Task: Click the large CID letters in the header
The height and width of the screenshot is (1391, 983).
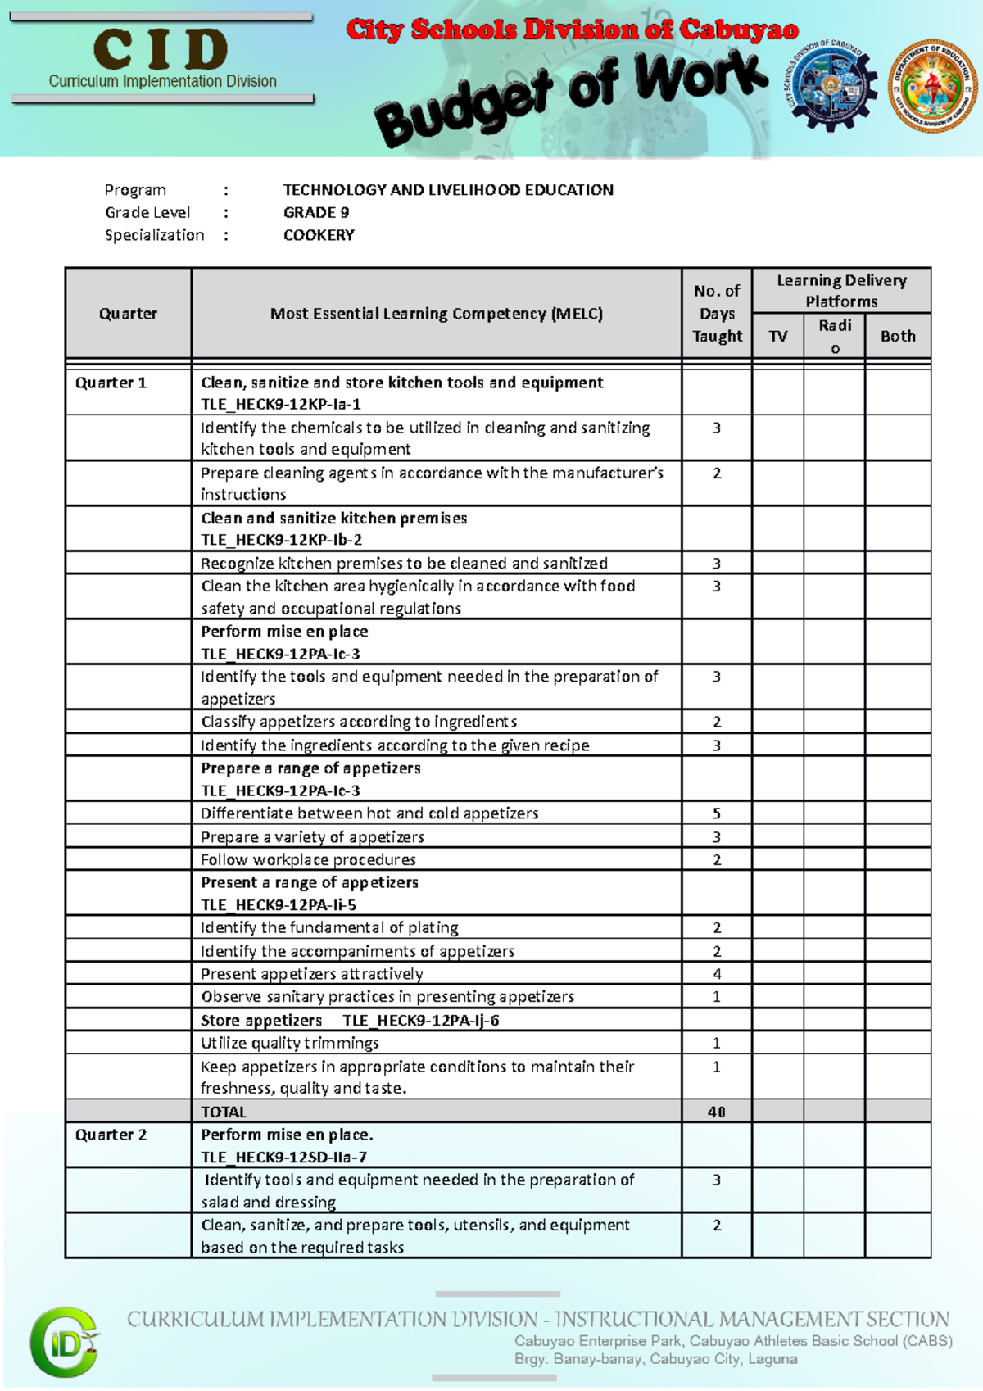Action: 161,50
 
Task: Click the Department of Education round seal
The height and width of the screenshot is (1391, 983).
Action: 933,84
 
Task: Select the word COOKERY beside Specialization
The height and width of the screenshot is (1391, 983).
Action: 319,235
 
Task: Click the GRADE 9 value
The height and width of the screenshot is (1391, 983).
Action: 316,213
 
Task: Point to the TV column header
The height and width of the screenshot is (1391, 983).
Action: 778,336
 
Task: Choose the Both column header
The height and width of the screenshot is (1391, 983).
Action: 898,336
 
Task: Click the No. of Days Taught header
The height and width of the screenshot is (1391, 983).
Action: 717,314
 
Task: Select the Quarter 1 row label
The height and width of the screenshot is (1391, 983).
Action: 111,383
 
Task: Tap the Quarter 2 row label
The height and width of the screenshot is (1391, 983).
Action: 111,1135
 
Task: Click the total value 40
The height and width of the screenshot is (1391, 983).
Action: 717,1112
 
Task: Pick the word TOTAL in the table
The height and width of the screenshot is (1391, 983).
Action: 224,1112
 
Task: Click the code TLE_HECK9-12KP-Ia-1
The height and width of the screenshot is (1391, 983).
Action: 281,405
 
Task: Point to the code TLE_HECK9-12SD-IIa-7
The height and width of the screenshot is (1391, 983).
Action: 284,1158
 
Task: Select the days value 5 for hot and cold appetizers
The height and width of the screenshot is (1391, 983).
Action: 717,813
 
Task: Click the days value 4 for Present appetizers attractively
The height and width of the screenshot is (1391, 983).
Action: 717,974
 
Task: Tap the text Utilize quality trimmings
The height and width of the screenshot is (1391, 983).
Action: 290,1043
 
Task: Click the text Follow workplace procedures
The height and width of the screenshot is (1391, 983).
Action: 309,859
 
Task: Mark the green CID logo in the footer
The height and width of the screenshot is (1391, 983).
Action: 66,1342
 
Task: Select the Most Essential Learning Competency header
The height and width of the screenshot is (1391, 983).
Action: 437,314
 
